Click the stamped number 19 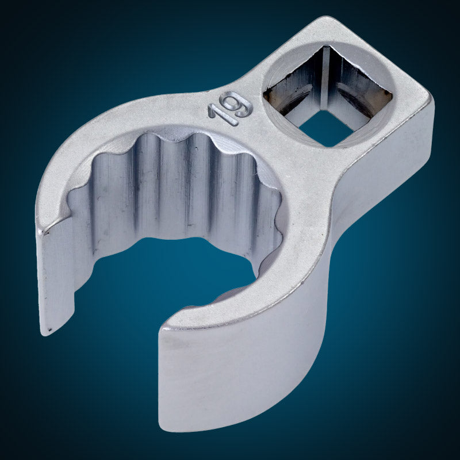pyautogui.click(x=231, y=108)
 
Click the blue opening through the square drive pyautogui.click(x=325, y=128)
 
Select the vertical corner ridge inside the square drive pyautogui.click(x=325, y=78)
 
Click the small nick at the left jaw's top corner pyautogui.click(x=44, y=232)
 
